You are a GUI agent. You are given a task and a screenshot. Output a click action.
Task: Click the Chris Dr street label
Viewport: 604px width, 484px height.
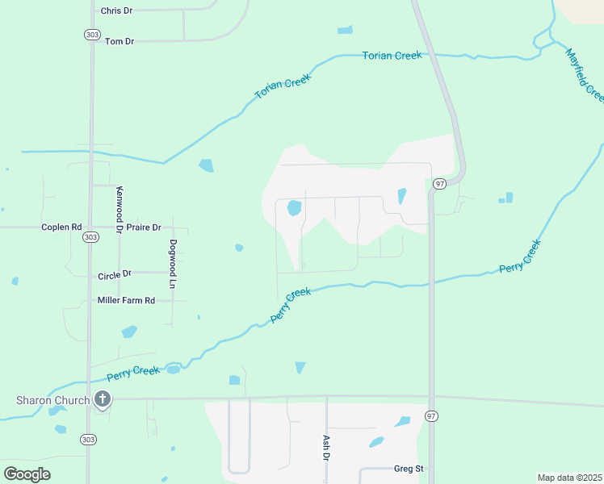[116, 10]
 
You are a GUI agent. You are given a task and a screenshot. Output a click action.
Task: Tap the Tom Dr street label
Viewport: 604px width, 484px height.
[119, 40]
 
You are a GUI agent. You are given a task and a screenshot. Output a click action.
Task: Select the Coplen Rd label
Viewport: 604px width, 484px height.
[61, 227]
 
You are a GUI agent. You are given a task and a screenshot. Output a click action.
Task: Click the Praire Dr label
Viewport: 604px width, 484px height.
[145, 227]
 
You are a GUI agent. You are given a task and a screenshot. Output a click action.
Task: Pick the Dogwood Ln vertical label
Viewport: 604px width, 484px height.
[172, 265]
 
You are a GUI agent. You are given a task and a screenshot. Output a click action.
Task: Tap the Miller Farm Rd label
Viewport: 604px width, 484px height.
[126, 300]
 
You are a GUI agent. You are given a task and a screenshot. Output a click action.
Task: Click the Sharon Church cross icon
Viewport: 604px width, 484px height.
[102, 399]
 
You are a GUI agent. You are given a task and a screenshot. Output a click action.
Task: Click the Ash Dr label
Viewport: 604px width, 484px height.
[326, 448]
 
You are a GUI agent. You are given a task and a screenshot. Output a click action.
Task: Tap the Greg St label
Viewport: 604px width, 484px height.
[409, 469]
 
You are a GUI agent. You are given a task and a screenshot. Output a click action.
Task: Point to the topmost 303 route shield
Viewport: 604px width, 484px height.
[90, 34]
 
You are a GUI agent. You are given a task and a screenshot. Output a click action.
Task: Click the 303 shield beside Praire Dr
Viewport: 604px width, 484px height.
[90, 237]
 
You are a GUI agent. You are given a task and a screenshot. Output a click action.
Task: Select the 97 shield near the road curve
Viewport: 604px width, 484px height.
[439, 184]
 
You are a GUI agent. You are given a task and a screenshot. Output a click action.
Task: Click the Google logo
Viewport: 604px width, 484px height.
[27, 474]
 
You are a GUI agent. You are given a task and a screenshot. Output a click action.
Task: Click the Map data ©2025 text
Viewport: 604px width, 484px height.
[569, 478]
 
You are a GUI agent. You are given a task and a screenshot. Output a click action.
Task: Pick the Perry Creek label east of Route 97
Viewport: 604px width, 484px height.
[519, 257]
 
